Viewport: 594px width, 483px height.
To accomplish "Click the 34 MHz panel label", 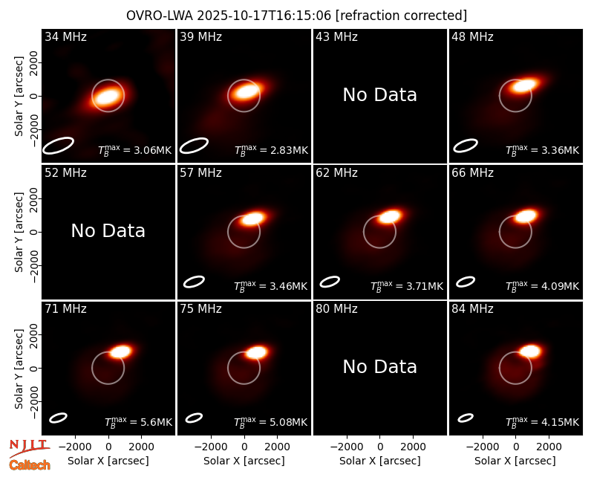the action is click(65, 36).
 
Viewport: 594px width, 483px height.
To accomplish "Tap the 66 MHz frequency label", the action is click(472, 173).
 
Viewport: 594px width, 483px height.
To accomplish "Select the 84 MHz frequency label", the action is click(472, 309).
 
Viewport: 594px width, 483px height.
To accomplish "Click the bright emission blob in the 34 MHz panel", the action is click(108, 97).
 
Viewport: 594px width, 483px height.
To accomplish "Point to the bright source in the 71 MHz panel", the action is click(121, 351).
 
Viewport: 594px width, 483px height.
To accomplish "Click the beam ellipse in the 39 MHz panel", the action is click(194, 146).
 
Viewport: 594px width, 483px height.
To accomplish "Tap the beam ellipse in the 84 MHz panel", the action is click(466, 418).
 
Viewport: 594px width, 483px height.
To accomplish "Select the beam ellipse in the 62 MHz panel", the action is click(330, 282).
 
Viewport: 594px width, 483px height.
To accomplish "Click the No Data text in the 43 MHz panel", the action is click(380, 95).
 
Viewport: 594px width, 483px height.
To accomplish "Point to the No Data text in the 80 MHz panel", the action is click(380, 367).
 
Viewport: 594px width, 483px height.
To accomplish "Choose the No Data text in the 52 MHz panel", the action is click(108, 231).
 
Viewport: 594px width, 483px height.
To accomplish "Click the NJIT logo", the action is click(30, 448).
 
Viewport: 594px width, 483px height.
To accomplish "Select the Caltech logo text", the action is click(30, 465).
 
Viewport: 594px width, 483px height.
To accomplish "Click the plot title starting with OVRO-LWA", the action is click(296, 16).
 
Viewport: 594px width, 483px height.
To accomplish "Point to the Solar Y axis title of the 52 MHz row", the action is click(19, 232).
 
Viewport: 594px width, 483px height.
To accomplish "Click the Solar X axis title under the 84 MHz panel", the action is click(515, 461).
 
